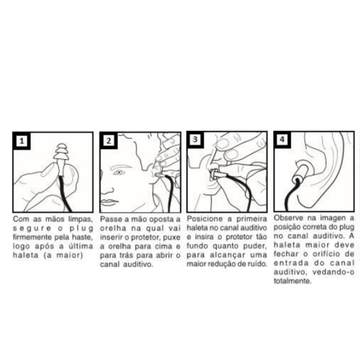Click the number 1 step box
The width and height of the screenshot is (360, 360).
coord(21,141)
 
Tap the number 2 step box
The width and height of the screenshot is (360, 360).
coord(109,140)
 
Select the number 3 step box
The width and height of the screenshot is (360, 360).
coord(195,139)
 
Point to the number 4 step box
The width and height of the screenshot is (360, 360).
coord(282,139)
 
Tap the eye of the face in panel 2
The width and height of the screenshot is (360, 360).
coord(120,172)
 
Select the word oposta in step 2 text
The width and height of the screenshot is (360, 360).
coord(162,219)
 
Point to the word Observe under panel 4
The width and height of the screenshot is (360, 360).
coord(288,218)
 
